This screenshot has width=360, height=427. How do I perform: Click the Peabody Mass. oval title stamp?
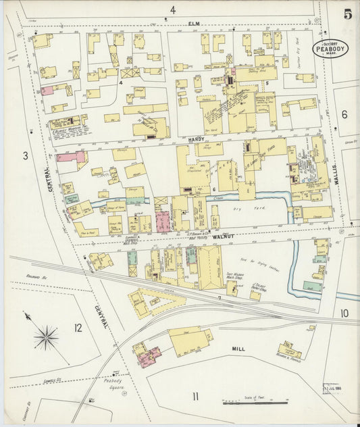click(330, 48)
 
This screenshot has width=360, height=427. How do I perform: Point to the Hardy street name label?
click(196, 137)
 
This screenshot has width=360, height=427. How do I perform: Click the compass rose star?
click(46, 336)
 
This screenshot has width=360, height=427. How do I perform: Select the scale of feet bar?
click(255, 403)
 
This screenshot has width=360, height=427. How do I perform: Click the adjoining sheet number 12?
click(78, 328)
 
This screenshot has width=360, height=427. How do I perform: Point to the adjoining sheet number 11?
click(195, 396)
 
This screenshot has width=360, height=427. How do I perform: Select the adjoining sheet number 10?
click(344, 313)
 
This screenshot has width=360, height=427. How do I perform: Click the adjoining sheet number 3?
click(25, 156)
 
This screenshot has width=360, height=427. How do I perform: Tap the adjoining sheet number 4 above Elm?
click(173, 9)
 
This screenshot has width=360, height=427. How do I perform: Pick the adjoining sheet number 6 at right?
click(344, 114)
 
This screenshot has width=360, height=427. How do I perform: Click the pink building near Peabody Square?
click(149, 356)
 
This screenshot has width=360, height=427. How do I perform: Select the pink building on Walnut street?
click(163, 222)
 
